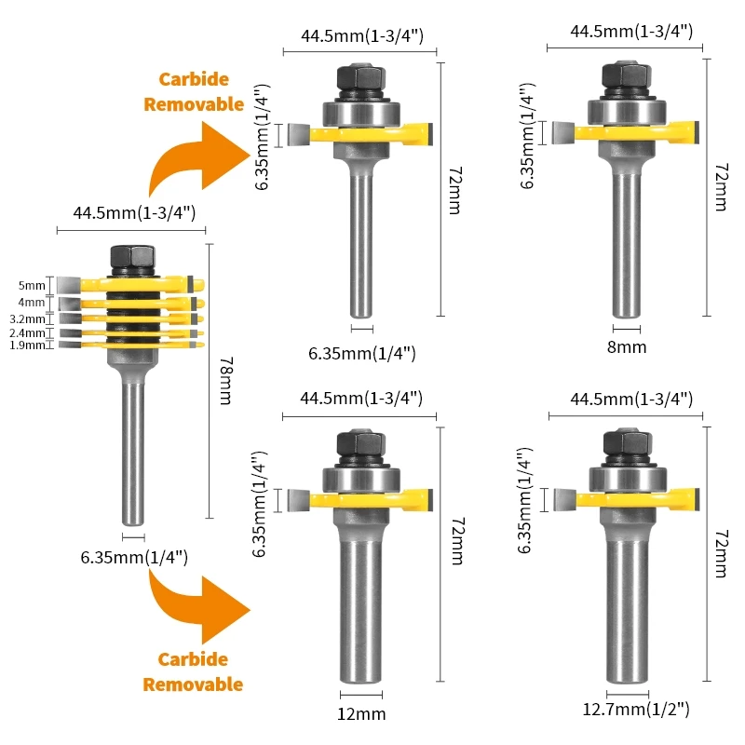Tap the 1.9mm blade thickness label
pyautogui.click(x=26, y=345)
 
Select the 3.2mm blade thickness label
pyautogui.click(x=26, y=318)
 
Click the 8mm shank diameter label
pyautogui.click(x=626, y=347)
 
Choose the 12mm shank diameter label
pyautogui.click(x=361, y=714)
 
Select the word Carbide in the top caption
pyautogui.click(x=194, y=80)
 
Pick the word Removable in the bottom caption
pyautogui.click(x=193, y=684)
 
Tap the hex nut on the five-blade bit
pyautogui.click(x=123, y=256)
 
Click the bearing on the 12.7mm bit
pyautogui.click(x=627, y=480)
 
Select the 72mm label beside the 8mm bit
pyautogui.click(x=719, y=186)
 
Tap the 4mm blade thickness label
pyautogui.click(x=31, y=303)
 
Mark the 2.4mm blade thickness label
pyautogui.click(x=26, y=332)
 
